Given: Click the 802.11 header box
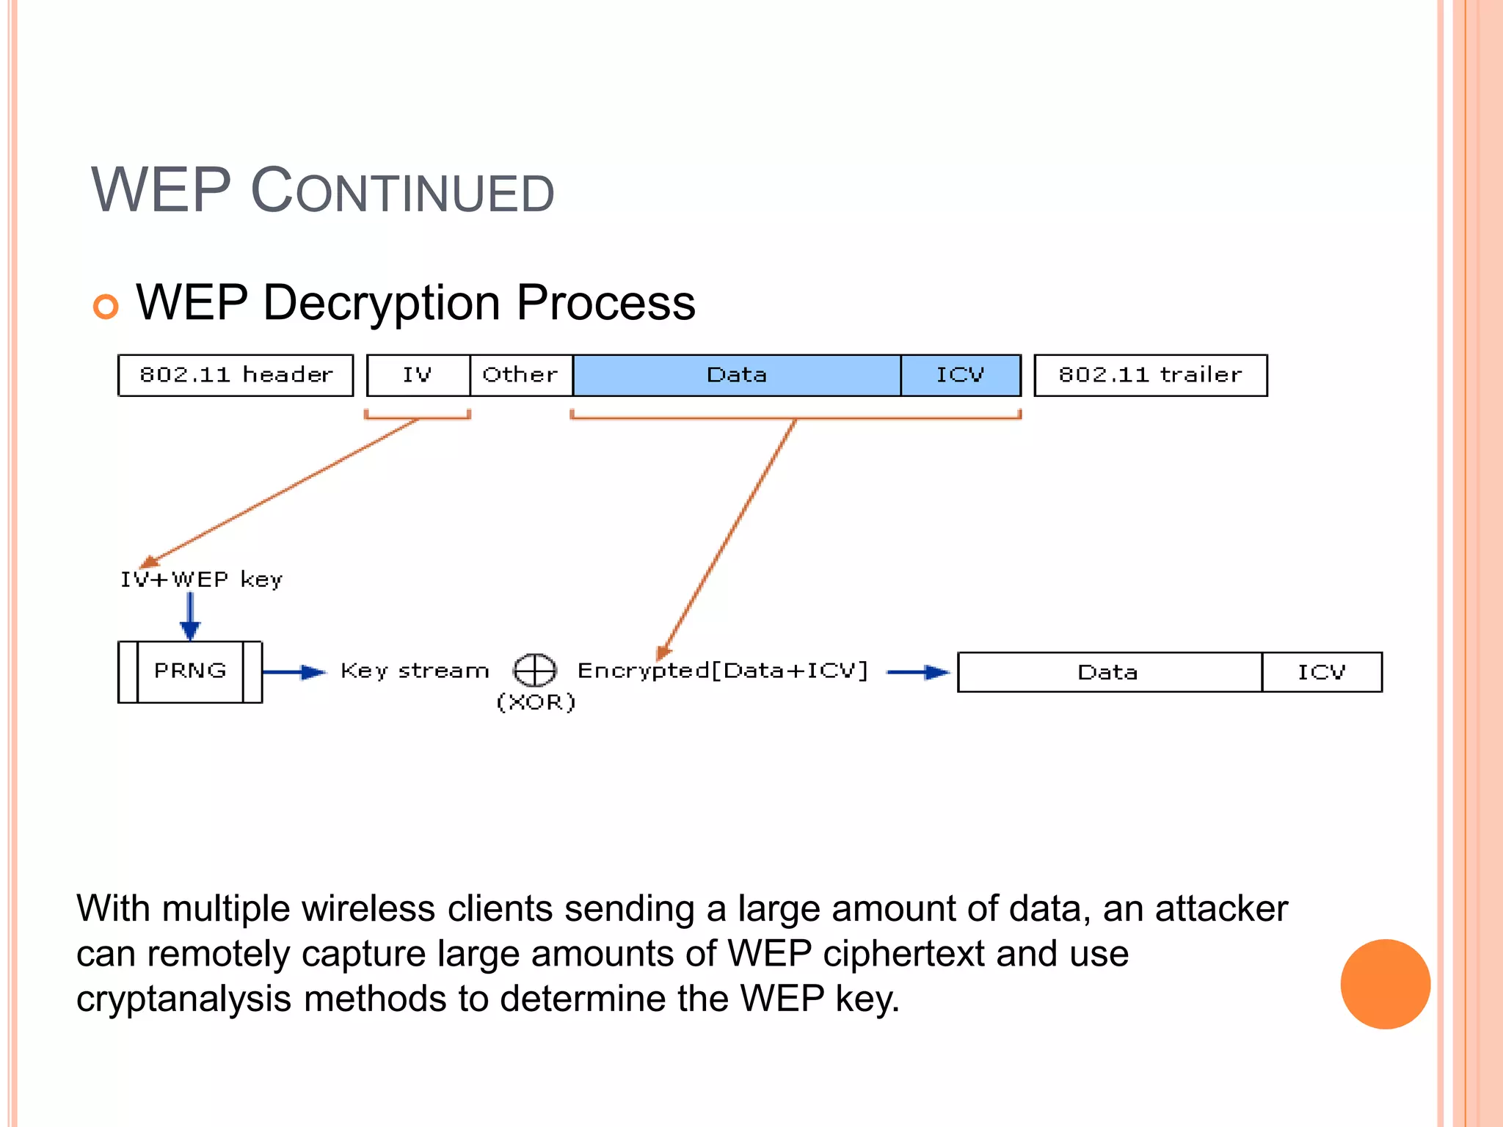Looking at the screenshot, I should [x=236, y=375].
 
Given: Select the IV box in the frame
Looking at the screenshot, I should [x=418, y=375].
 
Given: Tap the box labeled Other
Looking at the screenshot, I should [x=520, y=375].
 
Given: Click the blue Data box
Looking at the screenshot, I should [x=736, y=375].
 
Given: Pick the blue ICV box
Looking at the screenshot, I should [x=960, y=375].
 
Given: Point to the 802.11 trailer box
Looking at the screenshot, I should [x=1150, y=375].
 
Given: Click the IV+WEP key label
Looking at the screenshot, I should [x=201, y=580].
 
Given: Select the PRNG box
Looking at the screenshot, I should [x=190, y=671].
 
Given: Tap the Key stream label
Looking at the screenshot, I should [x=415, y=671].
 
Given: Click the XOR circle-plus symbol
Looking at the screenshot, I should [x=534, y=669].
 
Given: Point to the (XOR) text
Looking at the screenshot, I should [x=536, y=702].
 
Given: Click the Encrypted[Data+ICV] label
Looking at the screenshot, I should [x=723, y=671].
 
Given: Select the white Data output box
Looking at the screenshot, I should [x=1108, y=672].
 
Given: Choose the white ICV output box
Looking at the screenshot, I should [x=1322, y=672].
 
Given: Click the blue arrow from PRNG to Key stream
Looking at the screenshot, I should [x=294, y=671].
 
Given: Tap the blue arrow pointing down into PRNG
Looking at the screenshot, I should [x=190, y=616].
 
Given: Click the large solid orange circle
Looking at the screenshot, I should [x=1385, y=984].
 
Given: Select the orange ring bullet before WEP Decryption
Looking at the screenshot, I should [x=106, y=306].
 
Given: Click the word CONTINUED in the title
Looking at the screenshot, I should [x=403, y=193].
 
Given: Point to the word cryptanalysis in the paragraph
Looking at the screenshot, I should [x=183, y=999].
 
